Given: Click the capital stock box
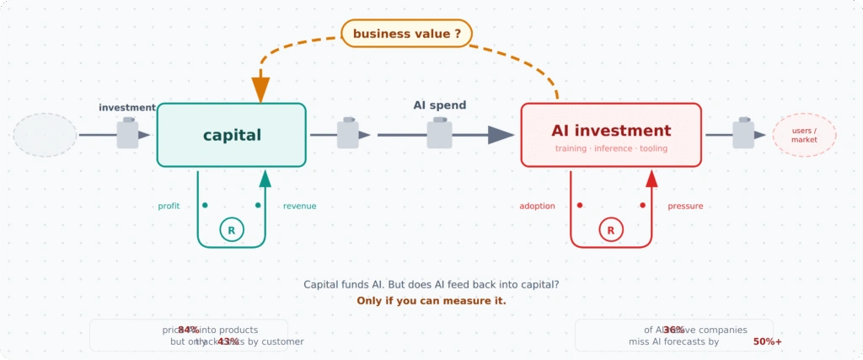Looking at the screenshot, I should [232, 135].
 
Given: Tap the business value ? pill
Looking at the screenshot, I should [406, 34].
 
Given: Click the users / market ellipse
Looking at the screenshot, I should [804, 135].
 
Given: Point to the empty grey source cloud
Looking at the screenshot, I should [46, 135].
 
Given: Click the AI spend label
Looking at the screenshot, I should [439, 105].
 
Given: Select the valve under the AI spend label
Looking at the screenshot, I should [439, 134].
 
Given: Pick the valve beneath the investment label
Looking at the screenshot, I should [127, 133].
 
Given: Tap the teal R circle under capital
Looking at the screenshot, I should [232, 228].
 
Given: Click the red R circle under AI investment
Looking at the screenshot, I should [611, 228].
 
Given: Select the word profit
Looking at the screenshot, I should [169, 206].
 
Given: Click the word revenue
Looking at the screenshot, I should [299, 206].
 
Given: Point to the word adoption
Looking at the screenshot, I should [537, 206].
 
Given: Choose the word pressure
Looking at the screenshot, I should [685, 206].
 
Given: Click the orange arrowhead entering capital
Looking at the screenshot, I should [260, 89].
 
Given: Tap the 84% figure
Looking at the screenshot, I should [188, 330].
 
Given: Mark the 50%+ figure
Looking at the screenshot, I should [767, 341].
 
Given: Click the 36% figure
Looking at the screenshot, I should [673, 330].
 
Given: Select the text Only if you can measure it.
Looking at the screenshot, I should [431, 300].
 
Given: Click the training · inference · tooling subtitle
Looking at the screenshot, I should [611, 148].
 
